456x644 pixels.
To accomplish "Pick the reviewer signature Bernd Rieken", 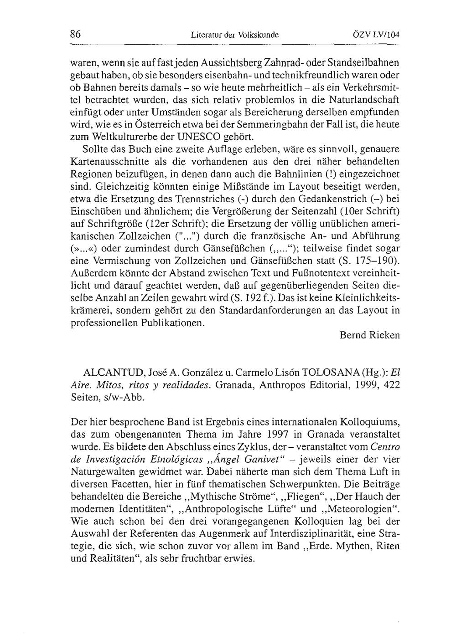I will point(369,335).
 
